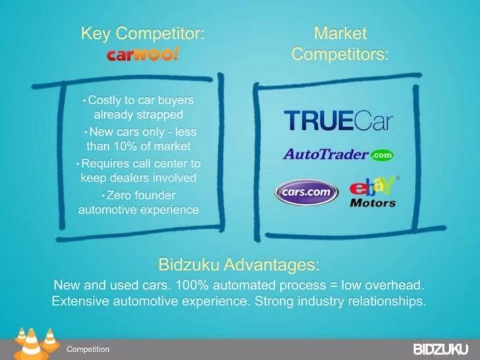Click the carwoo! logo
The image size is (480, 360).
pyautogui.click(x=142, y=55)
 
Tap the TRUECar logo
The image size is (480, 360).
pyautogui.click(x=338, y=120)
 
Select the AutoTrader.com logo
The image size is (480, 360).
pyautogui.click(x=339, y=154)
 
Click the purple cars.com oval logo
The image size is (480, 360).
pyautogui.click(x=307, y=193)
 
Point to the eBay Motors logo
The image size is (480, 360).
pyautogui.click(x=373, y=192)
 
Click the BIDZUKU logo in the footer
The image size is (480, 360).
pyautogui.click(x=441, y=349)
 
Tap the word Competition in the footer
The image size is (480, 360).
pyautogui.click(x=88, y=349)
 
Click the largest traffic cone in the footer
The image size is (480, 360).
pyautogui.click(x=31, y=344)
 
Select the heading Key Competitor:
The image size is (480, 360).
pyautogui.click(x=142, y=33)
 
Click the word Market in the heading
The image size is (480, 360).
pyautogui.click(x=340, y=33)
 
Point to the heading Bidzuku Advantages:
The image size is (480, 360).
pyautogui.click(x=239, y=264)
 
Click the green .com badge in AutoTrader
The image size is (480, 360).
pyautogui.click(x=382, y=155)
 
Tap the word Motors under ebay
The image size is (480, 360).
pyautogui.click(x=373, y=203)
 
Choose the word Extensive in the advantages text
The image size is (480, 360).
pyautogui.click(x=80, y=301)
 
